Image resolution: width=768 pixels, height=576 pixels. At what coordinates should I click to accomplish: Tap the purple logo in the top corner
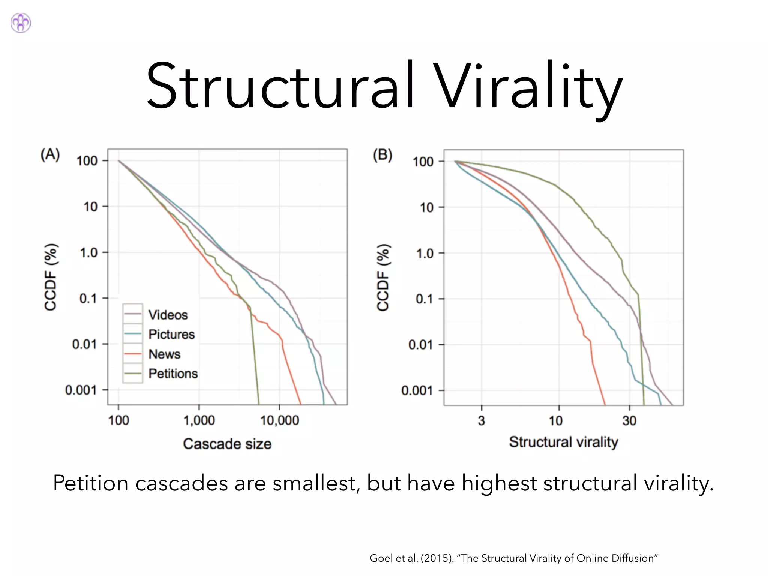[21, 23]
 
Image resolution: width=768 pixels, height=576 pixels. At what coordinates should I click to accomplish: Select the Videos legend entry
[168, 315]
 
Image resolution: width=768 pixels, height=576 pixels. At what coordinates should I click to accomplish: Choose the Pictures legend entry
[171, 334]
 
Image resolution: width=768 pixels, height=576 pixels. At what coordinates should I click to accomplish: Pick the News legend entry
[164, 354]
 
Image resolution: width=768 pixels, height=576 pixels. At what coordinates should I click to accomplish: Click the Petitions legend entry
[173, 373]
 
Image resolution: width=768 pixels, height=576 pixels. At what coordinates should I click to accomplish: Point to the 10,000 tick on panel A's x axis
[279, 420]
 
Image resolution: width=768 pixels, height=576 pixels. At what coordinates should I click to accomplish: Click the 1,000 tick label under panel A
[199, 420]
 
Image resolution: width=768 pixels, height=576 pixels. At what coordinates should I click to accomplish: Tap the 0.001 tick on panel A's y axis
[81, 390]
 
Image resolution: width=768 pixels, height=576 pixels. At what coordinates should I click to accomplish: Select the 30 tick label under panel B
[629, 421]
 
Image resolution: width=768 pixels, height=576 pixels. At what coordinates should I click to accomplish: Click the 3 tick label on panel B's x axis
[481, 421]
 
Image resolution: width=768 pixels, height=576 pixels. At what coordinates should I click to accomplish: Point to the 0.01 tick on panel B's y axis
[421, 345]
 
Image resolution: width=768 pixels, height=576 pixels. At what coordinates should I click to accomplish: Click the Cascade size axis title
[227, 444]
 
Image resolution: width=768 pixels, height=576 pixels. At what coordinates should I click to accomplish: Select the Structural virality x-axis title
[563, 442]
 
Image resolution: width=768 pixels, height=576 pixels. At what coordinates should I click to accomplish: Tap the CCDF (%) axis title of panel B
[383, 277]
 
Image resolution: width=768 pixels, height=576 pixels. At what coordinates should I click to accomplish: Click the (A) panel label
[50, 154]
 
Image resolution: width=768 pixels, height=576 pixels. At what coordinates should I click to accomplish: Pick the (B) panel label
[382, 155]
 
